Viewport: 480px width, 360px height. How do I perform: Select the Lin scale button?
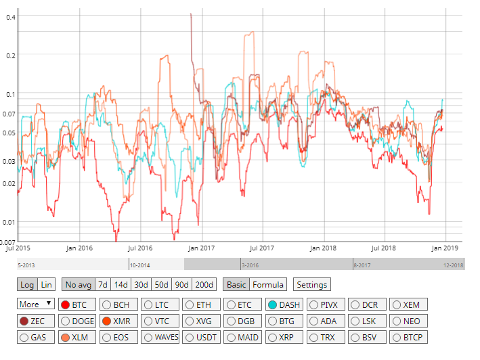46,285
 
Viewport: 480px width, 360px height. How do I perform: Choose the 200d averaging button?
204,285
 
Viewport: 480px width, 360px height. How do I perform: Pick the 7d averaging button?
102,285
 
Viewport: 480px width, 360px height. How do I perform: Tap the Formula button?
269,285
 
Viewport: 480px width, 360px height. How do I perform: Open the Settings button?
312,285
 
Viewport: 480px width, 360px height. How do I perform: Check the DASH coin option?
284,305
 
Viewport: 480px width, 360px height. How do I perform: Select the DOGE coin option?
78,321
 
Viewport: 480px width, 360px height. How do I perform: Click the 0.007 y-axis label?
9,242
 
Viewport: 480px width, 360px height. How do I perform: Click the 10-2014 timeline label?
140,266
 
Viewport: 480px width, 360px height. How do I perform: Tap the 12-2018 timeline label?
453,266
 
